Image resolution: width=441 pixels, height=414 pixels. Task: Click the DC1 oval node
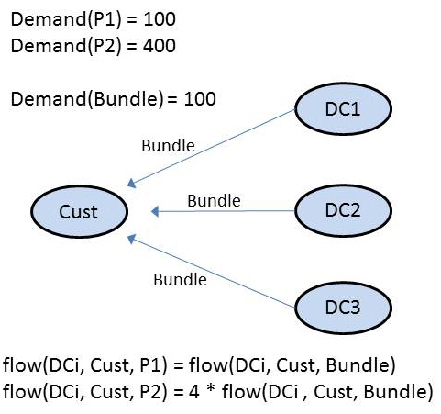pos(343,109)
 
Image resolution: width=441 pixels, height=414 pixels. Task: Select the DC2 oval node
pos(343,210)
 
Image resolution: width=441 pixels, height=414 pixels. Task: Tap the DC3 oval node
pos(343,308)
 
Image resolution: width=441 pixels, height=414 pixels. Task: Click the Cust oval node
pos(79,212)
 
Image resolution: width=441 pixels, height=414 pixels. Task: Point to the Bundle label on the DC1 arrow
pos(168,146)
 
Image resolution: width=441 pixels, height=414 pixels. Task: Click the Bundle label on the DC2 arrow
pos(214,201)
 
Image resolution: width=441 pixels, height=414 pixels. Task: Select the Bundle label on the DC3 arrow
pos(180,280)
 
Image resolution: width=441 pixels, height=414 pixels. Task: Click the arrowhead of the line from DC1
pos(131,183)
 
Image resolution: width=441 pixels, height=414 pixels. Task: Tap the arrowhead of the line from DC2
pos(155,211)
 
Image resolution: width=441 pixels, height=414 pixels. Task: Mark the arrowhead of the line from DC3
pos(131,239)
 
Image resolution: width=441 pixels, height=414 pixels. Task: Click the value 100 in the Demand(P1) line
pos(160,19)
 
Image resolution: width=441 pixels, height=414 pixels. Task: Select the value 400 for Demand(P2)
pos(160,46)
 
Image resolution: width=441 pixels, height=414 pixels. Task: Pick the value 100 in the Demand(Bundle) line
pos(200,99)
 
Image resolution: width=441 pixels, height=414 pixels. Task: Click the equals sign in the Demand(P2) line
pos(132,46)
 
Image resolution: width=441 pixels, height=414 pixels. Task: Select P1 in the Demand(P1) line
pos(105,19)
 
